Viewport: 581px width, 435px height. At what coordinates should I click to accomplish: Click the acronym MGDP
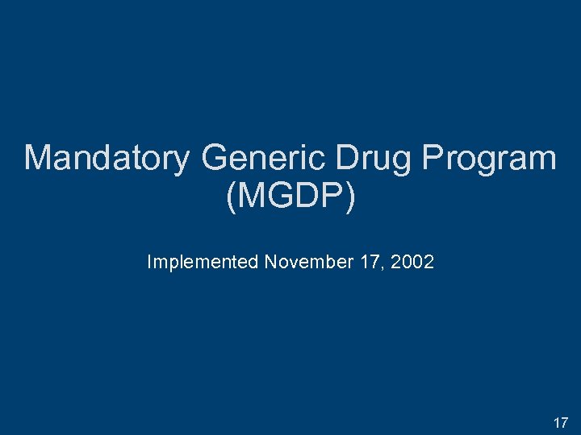coord(290,197)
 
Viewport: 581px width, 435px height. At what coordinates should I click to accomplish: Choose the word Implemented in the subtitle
coord(203,262)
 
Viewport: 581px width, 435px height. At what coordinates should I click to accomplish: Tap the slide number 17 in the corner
coord(560,422)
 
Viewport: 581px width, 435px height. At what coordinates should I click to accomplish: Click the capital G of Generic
coord(216,158)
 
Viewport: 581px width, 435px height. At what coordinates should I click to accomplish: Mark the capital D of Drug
coord(346,158)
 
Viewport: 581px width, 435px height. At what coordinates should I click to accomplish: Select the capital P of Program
coord(431,158)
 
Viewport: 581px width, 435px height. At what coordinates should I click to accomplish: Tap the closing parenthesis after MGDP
coord(349,198)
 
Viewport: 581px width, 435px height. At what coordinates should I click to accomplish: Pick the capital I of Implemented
coord(149,262)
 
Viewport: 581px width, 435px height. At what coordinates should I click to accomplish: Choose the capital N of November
coord(270,262)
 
